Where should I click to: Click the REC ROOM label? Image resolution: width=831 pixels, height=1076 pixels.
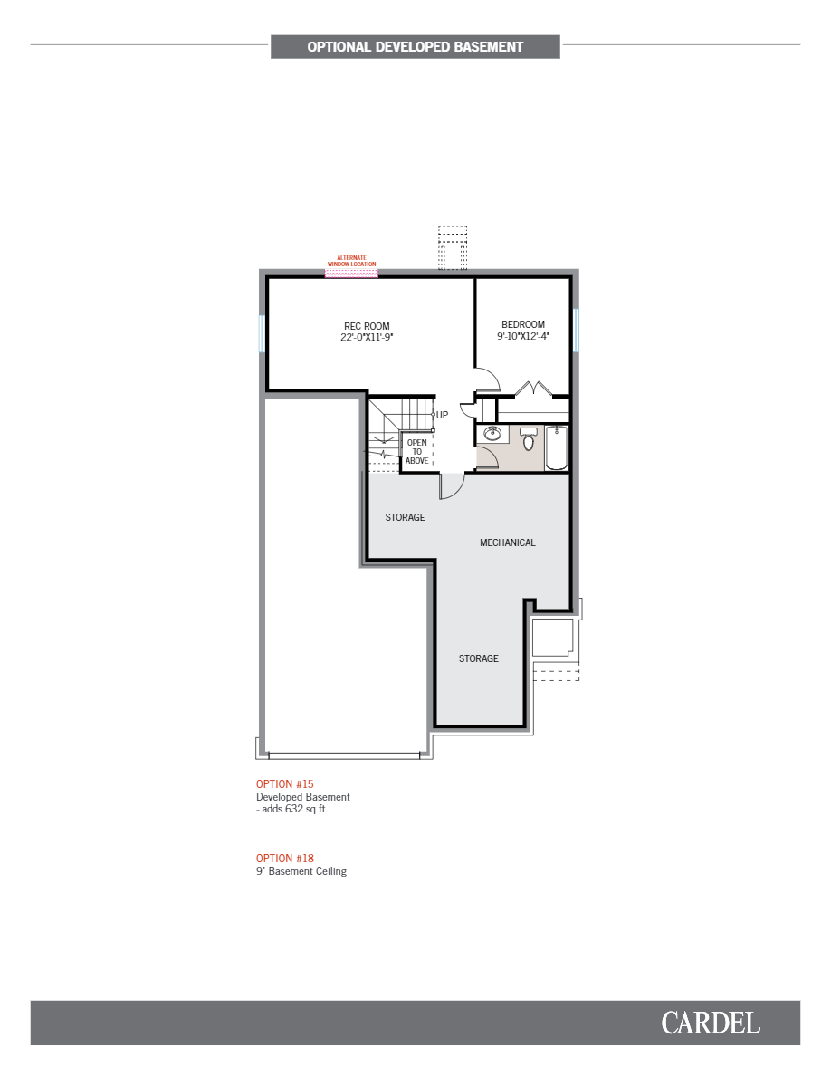[x=367, y=326]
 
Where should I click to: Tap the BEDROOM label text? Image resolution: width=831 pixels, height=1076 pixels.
[x=523, y=324]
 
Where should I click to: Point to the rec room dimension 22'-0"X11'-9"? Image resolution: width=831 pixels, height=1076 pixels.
[x=367, y=337]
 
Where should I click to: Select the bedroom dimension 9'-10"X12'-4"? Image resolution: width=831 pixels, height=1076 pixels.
[x=523, y=336]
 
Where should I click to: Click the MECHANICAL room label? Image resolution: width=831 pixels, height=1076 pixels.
[x=507, y=543]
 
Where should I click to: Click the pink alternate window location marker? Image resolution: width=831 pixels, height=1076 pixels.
[x=351, y=272]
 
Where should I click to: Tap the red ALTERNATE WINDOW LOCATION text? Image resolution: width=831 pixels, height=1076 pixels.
[x=351, y=261]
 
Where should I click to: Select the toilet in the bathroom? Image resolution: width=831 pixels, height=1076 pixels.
[x=529, y=441]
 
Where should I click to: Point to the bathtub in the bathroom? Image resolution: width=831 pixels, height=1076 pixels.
[x=556, y=447]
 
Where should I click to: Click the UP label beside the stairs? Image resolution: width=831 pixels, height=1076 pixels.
[x=442, y=415]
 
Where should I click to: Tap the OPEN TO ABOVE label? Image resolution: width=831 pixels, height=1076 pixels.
[x=416, y=452]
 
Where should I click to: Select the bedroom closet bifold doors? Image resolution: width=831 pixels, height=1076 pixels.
[x=533, y=389]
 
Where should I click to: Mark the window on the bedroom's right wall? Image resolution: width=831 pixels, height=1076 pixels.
[x=574, y=330]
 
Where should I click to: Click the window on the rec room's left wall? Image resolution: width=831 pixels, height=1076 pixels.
[x=262, y=333]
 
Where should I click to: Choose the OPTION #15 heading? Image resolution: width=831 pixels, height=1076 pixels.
[x=284, y=783]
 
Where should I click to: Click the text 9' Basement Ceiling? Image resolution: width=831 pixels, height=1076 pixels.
[x=301, y=871]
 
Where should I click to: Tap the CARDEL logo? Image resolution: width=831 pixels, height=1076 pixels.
[x=710, y=1023]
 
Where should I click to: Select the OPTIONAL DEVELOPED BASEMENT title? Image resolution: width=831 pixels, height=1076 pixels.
[x=415, y=47]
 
